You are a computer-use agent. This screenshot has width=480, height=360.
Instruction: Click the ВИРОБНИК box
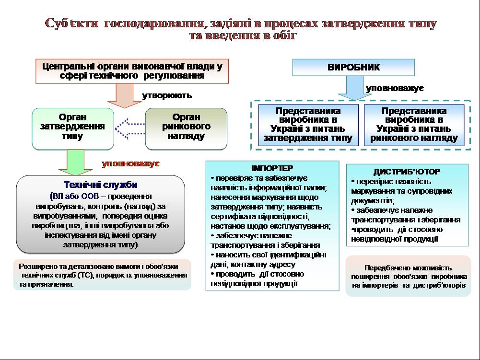(x=353, y=68)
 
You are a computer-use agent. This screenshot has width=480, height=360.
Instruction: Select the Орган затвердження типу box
(x=73, y=128)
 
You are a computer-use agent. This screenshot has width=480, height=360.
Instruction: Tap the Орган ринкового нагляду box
(x=186, y=128)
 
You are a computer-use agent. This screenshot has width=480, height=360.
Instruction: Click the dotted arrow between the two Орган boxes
(x=130, y=128)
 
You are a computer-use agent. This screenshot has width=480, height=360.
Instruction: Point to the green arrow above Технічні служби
(x=73, y=162)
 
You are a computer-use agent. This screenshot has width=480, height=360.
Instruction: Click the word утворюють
(x=167, y=95)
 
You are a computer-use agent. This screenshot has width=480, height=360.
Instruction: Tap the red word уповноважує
(x=130, y=163)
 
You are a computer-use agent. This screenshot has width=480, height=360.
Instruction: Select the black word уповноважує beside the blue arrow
(x=394, y=89)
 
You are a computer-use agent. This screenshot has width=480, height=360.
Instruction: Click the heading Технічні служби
(x=101, y=185)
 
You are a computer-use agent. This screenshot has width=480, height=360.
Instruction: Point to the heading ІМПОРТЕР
(x=272, y=169)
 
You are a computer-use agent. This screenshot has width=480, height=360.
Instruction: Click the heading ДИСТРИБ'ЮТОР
(x=407, y=172)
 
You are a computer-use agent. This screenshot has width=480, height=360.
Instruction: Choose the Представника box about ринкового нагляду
(x=414, y=125)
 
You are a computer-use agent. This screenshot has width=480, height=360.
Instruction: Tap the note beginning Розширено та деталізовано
(x=102, y=275)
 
